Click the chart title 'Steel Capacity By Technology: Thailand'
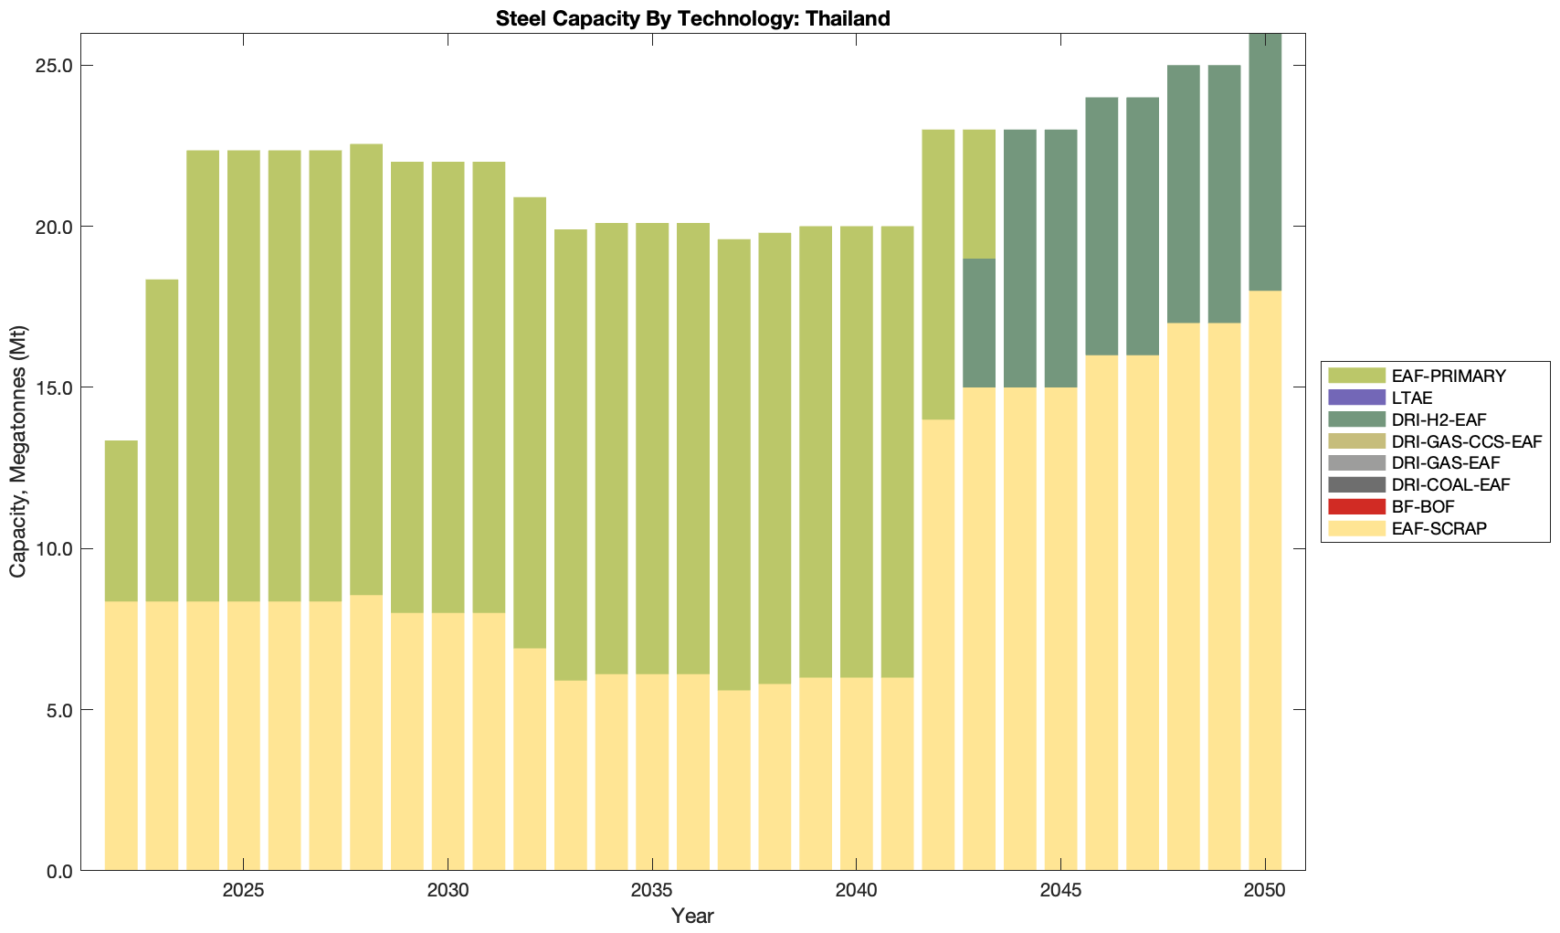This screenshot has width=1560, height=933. [692, 18]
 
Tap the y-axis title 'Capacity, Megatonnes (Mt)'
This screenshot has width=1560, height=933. [18, 451]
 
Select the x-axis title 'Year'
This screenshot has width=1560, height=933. [692, 916]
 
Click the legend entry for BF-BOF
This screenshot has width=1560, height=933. [1423, 506]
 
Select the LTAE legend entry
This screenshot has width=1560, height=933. [1412, 398]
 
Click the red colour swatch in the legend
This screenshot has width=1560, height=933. [1356, 506]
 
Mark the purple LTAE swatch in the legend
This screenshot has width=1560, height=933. [1356, 398]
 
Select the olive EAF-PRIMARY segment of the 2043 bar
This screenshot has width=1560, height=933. [979, 194]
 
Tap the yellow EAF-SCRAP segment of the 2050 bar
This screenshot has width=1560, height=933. [1265, 580]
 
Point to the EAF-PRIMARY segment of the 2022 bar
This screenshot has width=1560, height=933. [121, 521]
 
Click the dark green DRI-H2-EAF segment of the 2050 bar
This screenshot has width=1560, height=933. [1265, 163]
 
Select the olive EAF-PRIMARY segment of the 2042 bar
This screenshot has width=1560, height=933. [938, 274]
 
